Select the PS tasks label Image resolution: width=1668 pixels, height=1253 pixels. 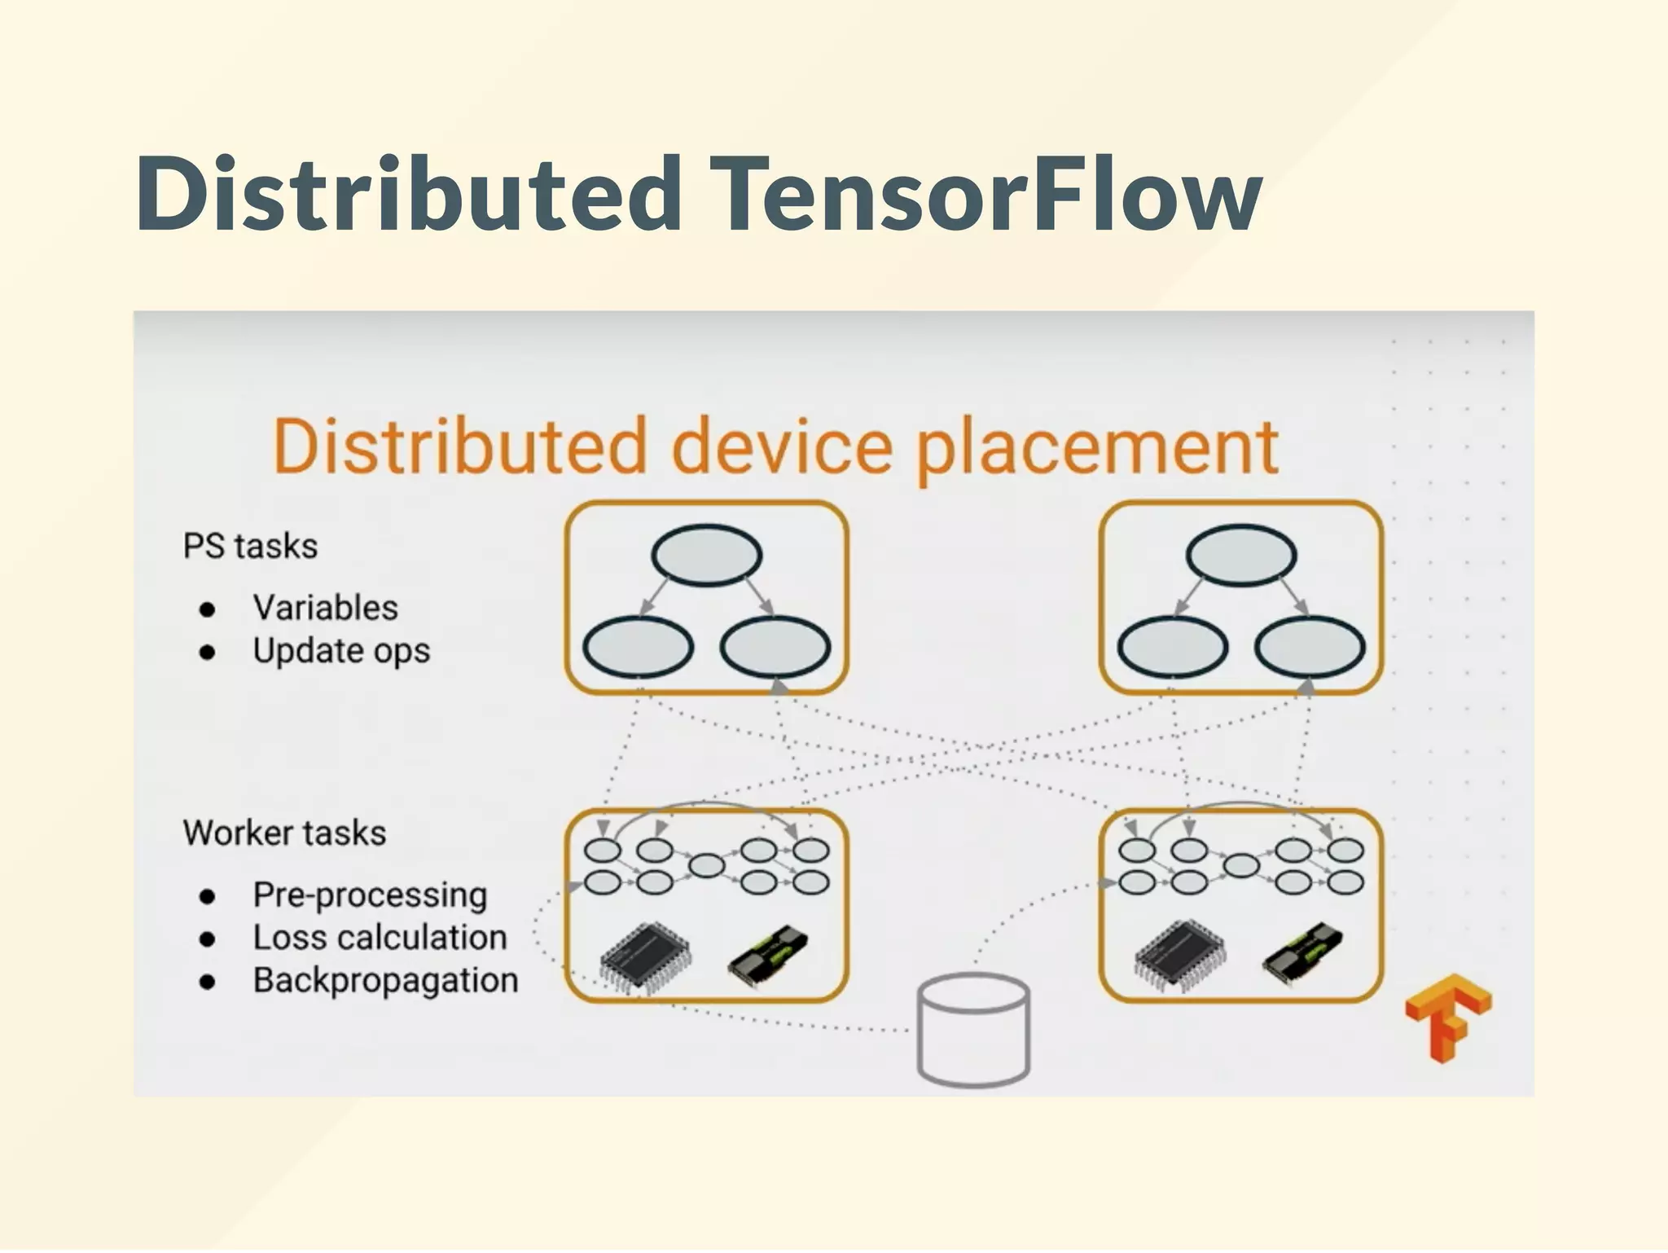250,546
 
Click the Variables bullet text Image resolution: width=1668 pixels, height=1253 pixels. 325,608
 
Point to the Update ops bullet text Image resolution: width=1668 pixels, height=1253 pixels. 340,651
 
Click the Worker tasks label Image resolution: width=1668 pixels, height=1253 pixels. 284,833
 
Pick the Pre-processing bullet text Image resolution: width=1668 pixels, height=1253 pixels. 370,895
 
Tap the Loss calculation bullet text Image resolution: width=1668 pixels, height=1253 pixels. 380,938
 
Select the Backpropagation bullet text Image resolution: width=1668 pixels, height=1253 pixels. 385,980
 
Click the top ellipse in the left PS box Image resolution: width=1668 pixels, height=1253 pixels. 706,555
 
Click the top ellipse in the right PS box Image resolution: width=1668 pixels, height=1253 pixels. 1240,555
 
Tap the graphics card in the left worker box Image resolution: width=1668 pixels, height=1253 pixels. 767,955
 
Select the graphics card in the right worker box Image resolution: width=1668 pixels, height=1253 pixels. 1301,955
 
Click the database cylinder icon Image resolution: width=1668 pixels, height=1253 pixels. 973,1031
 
